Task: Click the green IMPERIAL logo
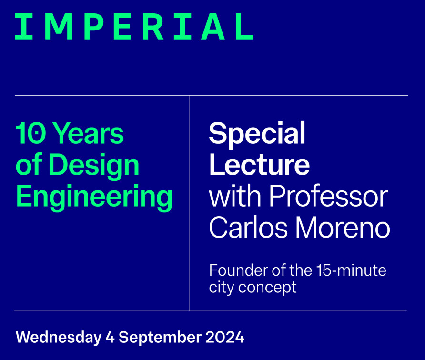(134, 27)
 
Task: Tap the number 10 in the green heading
(30, 133)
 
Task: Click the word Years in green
(88, 133)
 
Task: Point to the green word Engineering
(94, 197)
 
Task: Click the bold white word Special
(257, 134)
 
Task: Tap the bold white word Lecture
(259, 165)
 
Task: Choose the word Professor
(328, 196)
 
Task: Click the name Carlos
(248, 227)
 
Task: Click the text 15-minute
(351, 270)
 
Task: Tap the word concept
(267, 288)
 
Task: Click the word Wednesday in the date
(59, 338)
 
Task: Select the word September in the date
(160, 338)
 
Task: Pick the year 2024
(225, 337)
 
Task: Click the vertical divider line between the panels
(190, 203)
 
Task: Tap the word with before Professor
(235, 196)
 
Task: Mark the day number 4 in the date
(110, 337)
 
